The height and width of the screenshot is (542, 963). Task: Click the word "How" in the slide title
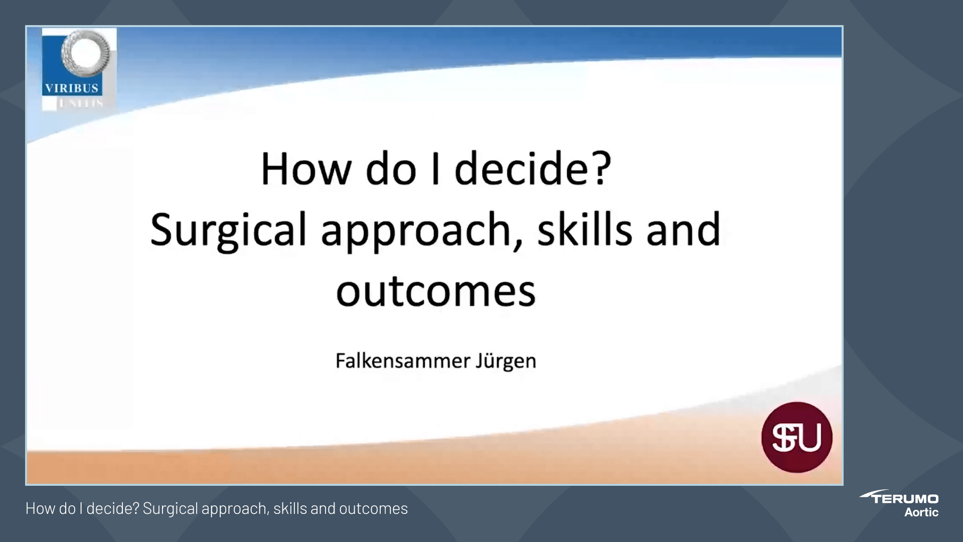pyautogui.click(x=305, y=169)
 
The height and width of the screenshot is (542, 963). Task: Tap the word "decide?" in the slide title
pyautogui.click(x=533, y=169)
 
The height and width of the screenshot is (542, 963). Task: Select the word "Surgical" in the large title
pyautogui.click(x=228, y=230)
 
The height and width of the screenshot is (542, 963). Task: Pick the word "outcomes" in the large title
pyautogui.click(x=436, y=292)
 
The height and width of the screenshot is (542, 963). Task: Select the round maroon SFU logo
pyautogui.click(x=796, y=437)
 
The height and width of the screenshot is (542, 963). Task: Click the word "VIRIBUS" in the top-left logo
pyautogui.click(x=72, y=88)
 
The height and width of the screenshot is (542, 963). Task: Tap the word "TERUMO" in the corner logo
pyautogui.click(x=905, y=499)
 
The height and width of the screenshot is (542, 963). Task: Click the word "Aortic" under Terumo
pyautogui.click(x=921, y=512)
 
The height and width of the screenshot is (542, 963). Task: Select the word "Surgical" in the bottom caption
pyautogui.click(x=170, y=509)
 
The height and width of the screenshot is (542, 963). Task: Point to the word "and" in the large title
pyautogui.click(x=683, y=230)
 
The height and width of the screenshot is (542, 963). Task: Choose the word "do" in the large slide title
pyautogui.click(x=391, y=169)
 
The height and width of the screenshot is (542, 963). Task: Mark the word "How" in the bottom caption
pyautogui.click(x=39, y=509)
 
